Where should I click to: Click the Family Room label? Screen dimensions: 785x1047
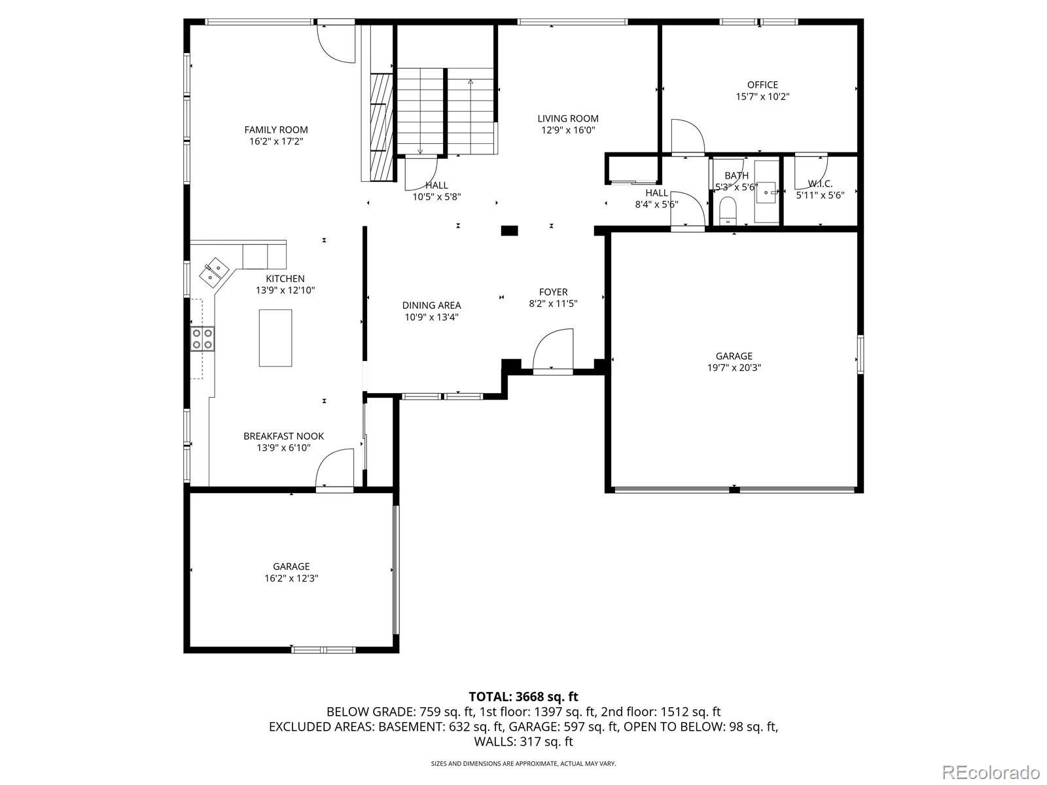pyautogui.click(x=275, y=130)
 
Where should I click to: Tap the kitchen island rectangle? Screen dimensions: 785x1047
pyautogui.click(x=275, y=338)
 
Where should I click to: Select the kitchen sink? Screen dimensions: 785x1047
pyautogui.click(x=213, y=271)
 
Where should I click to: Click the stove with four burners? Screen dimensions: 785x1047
pyautogui.click(x=202, y=339)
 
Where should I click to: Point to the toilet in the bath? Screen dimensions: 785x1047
pyautogui.click(x=727, y=211)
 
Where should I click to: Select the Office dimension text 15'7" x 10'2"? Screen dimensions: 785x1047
pyautogui.click(x=762, y=96)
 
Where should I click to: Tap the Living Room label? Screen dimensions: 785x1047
pyautogui.click(x=567, y=118)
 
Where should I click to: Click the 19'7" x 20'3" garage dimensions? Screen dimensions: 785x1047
pyautogui.click(x=734, y=368)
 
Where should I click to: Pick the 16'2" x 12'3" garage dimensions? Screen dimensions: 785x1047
pyautogui.click(x=291, y=578)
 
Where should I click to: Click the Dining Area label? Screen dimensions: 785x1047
pyautogui.click(x=431, y=305)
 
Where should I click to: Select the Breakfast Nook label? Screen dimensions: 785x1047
pyautogui.click(x=283, y=436)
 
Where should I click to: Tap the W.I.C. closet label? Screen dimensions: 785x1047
pyautogui.click(x=820, y=184)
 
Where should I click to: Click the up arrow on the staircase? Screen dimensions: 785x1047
pyautogui.click(x=470, y=83)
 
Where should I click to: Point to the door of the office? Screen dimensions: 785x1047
pyautogui.click(x=686, y=137)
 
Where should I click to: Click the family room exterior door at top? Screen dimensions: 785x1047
pyautogui.click(x=336, y=43)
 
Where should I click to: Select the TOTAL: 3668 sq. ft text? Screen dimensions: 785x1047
pyautogui.click(x=523, y=697)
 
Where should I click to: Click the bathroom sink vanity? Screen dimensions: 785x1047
pyautogui.click(x=766, y=192)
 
